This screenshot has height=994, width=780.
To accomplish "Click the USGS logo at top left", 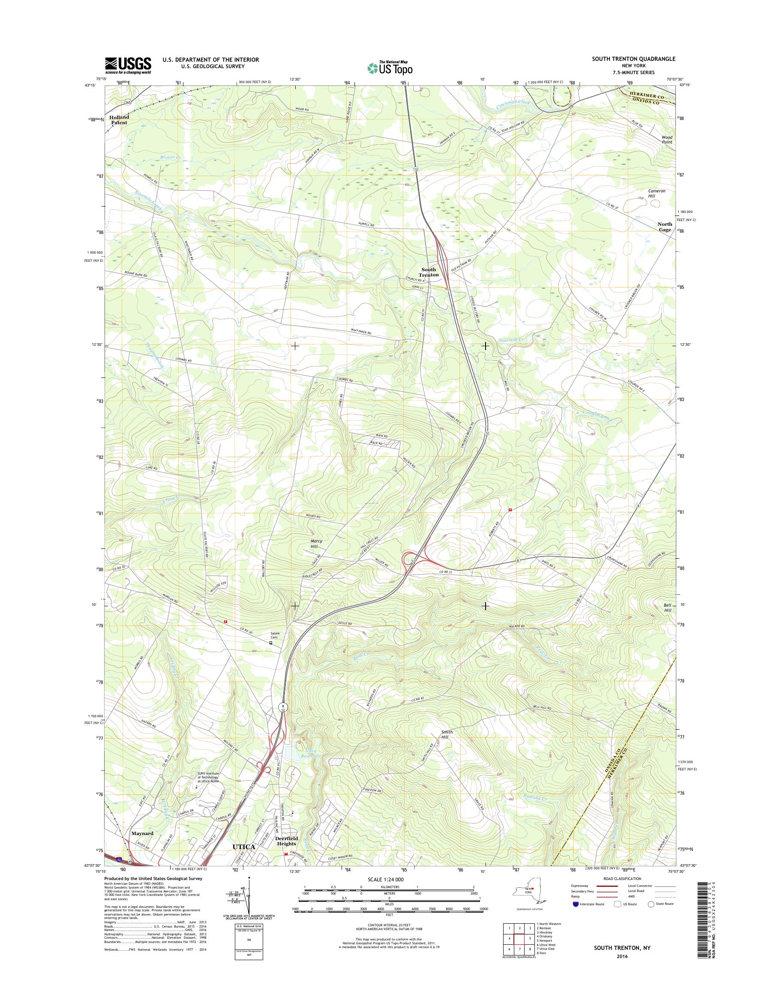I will pyautogui.click(x=128, y=65).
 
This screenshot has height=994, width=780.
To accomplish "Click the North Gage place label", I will pyautogui.click(x=664, y=227).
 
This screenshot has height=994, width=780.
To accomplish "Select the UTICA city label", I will pyautogui.click(x=243, y=847).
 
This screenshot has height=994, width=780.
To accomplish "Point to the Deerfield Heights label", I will pyautogui.click(x=286, y=841).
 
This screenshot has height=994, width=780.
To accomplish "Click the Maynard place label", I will pyautogui.click(x=142, y=833).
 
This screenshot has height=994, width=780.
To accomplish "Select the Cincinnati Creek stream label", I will pyautogui.click(x=514, y=104).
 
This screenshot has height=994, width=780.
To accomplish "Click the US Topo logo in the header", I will pyautogui.click(x=390, y=68).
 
